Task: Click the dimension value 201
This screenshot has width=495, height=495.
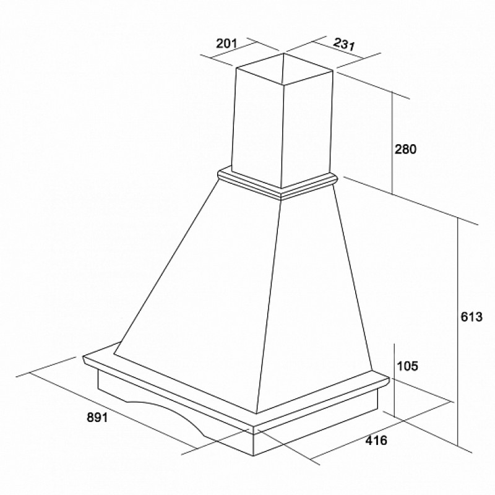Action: click(226, 43)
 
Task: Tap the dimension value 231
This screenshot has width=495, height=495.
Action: click(344, 44)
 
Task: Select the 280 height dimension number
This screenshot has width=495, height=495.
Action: click(406, 149)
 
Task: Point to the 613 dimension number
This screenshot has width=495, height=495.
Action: click(471, 317)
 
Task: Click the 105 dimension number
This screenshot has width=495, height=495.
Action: click(407, 366)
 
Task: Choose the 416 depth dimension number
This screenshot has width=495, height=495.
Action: click(376, 440)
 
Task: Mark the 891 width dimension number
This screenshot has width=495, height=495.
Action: click(97, 417)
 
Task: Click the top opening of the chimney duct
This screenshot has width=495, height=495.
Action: click(284, 69)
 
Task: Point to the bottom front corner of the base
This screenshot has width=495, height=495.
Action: click(254, 456)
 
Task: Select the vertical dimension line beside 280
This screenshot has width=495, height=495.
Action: click(392, 143)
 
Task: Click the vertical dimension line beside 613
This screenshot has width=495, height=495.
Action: click(457, 331)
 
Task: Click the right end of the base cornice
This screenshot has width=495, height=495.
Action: click(388, 381)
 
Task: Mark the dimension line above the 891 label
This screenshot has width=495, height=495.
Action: click(113, 410)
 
